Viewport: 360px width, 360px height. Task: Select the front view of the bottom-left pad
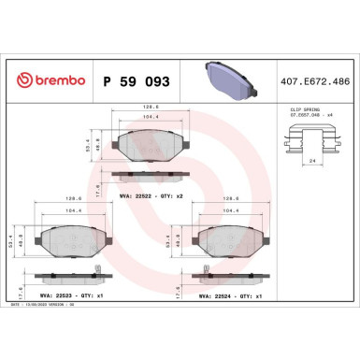[66, 241]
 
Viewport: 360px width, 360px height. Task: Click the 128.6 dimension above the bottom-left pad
[66, 199]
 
